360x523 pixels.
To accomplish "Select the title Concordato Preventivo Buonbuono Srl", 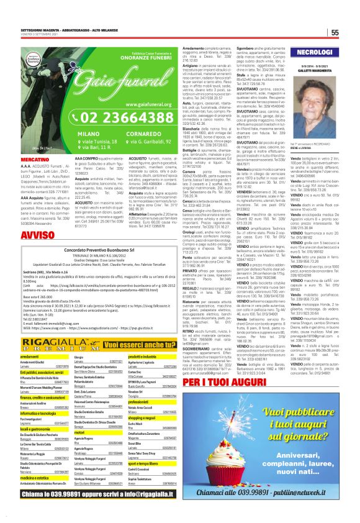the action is point(89,250).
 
